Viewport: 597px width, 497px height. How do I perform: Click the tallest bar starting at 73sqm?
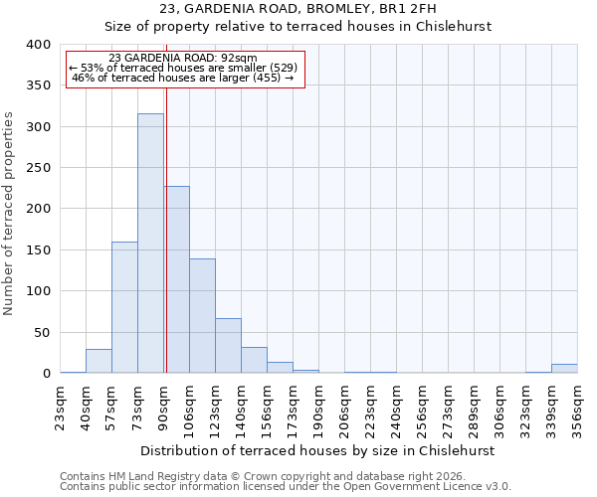tap(150, 244)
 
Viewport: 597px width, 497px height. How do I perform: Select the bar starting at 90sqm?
tap(177, 279)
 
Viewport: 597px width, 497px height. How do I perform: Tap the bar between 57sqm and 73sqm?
tap(124, 307)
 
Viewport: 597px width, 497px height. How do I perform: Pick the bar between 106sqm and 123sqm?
tap(202, 316)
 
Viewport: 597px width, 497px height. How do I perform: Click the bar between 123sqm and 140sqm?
tap(228, 346)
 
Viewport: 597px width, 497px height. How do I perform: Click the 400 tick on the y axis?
tap(38, 45)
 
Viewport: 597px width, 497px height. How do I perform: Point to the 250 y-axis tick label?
tap(38, 168)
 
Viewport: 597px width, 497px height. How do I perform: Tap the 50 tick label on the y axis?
tap(42, 332)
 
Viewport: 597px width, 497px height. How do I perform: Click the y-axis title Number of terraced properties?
tap(9, 213)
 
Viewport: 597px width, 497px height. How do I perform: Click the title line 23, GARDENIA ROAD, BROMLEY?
tap(298, 9)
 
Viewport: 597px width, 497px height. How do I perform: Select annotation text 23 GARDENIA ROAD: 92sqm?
tap(183, 58)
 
